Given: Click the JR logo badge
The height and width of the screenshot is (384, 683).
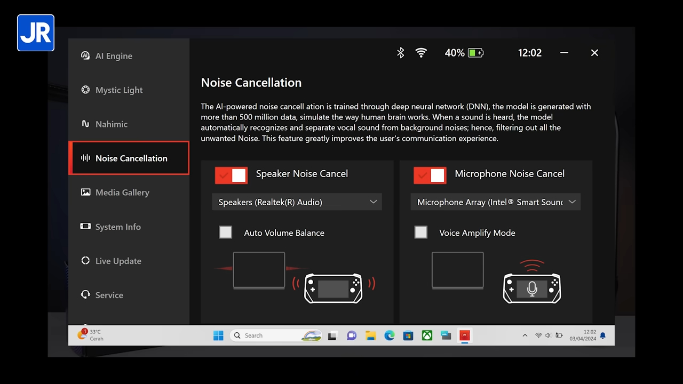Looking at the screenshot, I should (x=36, y=33).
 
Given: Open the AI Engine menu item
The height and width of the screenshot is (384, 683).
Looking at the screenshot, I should (x=113, y=56).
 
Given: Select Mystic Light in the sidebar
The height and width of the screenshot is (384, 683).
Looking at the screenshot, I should (x=118, y=90).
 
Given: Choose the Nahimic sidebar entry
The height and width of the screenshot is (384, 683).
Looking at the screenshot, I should (x=111, y=124).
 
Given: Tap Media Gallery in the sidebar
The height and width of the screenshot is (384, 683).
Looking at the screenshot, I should (x=122, y=193).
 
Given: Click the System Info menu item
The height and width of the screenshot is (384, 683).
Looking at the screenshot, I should (x=117, y=227).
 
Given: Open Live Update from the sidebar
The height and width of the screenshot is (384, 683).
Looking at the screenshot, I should (x=118, y=261).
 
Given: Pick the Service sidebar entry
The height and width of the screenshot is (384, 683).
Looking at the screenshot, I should (x=109, y=295).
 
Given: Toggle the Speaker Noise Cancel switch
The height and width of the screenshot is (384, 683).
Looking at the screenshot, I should (x=231, y=175).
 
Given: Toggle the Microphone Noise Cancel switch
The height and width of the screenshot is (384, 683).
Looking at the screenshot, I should (x=430, y=175).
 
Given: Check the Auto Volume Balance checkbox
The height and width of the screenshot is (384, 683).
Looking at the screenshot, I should (x=226, y=233).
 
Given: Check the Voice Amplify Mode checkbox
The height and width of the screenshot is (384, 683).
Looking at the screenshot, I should (x=421, y=233).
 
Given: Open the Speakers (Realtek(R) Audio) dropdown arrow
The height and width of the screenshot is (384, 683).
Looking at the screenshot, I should (x=373, y=202).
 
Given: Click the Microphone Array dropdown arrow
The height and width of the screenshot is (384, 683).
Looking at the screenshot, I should (x=572, y=202).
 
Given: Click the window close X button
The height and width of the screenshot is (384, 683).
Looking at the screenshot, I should (x=594, y=53).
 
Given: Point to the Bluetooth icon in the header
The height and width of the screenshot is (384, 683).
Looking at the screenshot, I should (x=401, y=53).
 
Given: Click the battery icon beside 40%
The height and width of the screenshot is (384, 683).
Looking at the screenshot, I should (x=475, y=53).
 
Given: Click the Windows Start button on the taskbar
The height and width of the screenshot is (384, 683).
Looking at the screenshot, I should (x=218, y=335).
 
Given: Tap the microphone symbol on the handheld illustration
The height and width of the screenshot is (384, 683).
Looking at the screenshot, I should (x=532, y=289).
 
